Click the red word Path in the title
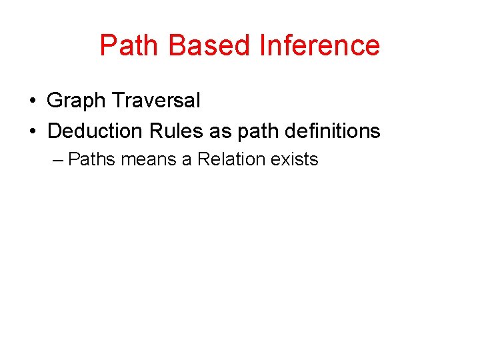131,45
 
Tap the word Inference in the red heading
319,45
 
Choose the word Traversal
156,101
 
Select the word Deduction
96,131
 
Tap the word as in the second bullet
219,131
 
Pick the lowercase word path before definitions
256,131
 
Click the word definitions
333,131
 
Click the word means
149,160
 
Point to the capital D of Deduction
54,131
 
